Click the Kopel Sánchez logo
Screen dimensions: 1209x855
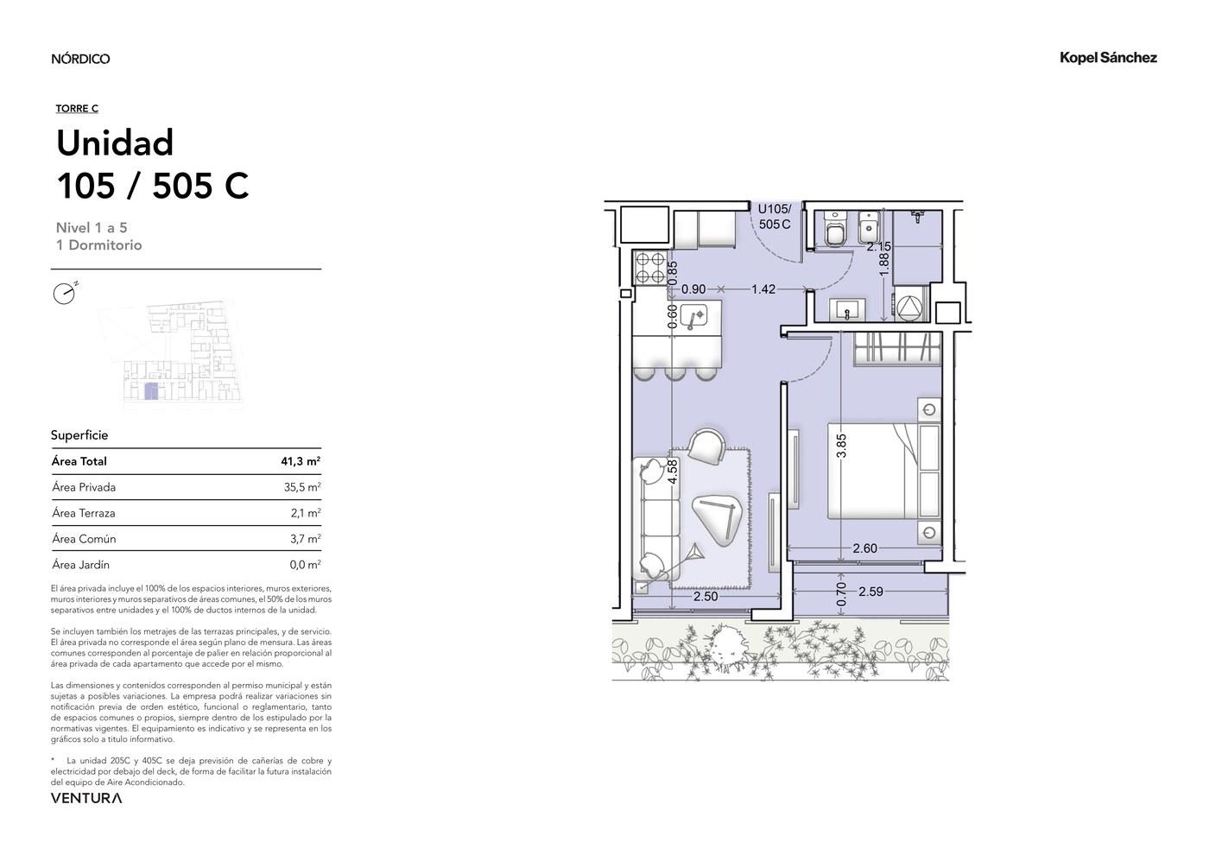[1108, 58]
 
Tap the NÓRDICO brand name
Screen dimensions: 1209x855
[80, 59]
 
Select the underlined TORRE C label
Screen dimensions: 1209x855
[77, 109]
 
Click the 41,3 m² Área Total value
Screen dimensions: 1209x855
[301, 461]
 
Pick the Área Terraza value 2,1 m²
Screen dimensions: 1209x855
[306, 513]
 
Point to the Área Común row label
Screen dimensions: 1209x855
[85, 539]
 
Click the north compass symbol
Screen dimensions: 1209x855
[66, 293]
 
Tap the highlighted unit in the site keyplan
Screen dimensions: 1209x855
[152, 390]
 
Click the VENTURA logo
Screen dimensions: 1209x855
[86, 798]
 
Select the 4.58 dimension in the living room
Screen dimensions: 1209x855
[673, 472]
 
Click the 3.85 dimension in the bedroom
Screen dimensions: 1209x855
[841, 446]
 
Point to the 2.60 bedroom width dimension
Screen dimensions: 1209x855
[864, 548]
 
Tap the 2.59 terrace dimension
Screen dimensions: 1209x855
[870, 592]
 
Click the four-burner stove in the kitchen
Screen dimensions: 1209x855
[650, 269]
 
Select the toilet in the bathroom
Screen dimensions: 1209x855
[834, 230]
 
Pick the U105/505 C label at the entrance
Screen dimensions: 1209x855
[775, 217]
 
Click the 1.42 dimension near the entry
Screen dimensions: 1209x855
[763, 289]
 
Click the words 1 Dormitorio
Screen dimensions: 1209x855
[98, 245]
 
